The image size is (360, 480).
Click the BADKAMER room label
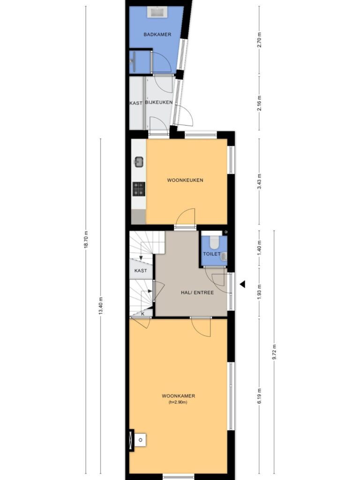[157, 35]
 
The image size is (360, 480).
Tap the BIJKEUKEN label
[159, 102]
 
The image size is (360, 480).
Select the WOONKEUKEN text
[185, 180]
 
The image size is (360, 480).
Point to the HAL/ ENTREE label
[197, 292]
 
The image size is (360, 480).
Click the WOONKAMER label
[179, 396]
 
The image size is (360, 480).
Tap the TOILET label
[212, 254]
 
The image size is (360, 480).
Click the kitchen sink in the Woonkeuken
[139, 162]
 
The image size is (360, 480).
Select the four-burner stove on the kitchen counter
[139, 189]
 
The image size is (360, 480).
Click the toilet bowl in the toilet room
[214, 242]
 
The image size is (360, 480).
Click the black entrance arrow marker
[242, 285]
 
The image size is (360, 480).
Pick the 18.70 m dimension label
[86, 240]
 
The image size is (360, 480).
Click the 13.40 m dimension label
[101, 306]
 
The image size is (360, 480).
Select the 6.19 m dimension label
[259, 396]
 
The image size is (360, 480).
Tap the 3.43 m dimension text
[259, 181]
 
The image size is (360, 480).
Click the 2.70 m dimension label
[259, 40]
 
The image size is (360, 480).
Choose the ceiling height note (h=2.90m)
[178, 402]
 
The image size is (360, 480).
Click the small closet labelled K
[142, 314]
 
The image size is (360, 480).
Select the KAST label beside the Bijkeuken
[136, 103]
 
